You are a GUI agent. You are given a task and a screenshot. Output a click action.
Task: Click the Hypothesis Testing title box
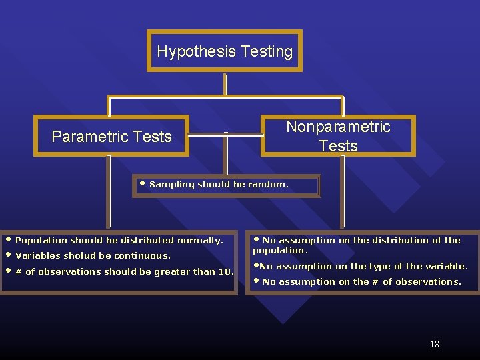pos(225,51)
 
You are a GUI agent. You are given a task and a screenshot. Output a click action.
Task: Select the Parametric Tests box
pos(111,136)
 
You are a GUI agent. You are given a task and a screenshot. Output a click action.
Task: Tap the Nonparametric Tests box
pos(338,136)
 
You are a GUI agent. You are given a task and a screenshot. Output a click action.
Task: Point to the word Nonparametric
pos(338,127)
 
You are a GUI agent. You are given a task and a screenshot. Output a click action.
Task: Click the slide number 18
pos(435,344)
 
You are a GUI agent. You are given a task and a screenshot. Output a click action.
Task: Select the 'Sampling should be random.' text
pos(219,184)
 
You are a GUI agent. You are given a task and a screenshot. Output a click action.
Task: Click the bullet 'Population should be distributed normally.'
pos(119,240)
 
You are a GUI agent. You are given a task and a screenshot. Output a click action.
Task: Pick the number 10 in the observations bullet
pos(227,271)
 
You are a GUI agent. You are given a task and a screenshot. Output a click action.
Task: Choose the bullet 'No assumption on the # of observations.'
pos(361,281)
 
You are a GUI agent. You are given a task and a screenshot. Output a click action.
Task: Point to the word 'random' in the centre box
pos(268,184)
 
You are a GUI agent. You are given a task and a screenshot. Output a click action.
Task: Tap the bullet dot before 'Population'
pos(8,239)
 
